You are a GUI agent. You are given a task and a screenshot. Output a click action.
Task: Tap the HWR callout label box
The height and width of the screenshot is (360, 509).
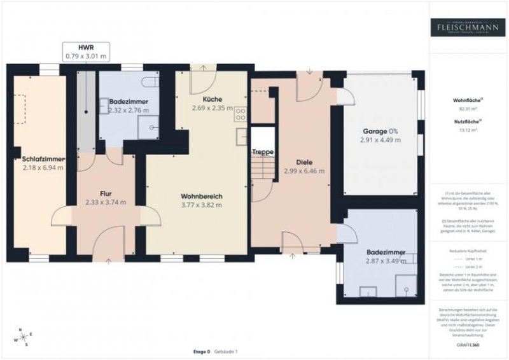pos(86,52)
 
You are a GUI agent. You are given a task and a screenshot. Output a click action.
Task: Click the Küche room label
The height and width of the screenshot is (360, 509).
pos(213,99)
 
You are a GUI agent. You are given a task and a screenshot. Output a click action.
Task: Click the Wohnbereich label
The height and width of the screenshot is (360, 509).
pos(201,196)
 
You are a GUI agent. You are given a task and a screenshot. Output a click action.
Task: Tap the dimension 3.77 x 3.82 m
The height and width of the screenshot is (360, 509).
pos(201,205)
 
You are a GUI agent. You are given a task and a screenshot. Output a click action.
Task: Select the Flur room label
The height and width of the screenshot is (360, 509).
pos(106,193)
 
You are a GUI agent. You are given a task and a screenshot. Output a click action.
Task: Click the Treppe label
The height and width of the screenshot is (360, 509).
pos(262,152)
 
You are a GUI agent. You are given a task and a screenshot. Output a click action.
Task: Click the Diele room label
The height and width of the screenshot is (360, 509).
pos(304,162)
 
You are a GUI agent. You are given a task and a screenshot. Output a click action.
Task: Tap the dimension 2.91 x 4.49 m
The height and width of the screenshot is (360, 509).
pos(380,140)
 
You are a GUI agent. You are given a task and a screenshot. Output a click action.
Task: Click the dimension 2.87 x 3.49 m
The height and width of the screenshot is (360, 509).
pos(386,261)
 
